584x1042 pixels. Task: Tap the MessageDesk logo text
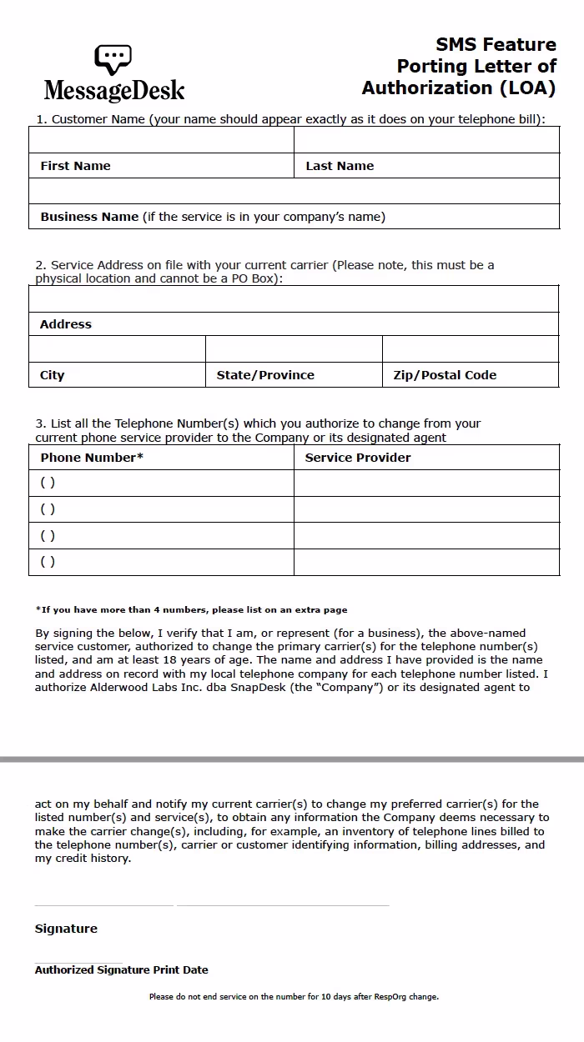[114, 90]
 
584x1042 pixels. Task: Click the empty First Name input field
[161, 139]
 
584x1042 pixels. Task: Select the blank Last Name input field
[426, 139]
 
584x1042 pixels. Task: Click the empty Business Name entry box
[294, 191]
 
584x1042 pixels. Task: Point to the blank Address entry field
[294, 298]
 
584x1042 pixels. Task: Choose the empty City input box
[117, 348]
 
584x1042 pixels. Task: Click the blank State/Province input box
[294, 348]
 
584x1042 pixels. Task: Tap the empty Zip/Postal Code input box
[471, 348]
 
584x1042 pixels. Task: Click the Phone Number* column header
[92, 458]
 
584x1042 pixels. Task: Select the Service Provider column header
[358, 458]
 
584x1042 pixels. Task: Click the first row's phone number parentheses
[48, 483]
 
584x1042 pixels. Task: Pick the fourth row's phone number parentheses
[48, 562]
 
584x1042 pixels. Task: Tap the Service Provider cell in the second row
[426, 509]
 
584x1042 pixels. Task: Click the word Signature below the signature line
[66, 929]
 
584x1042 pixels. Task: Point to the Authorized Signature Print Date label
[122, 969]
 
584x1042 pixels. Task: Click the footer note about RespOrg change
[294, 996]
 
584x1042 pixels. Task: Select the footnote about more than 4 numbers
[192, 609]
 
